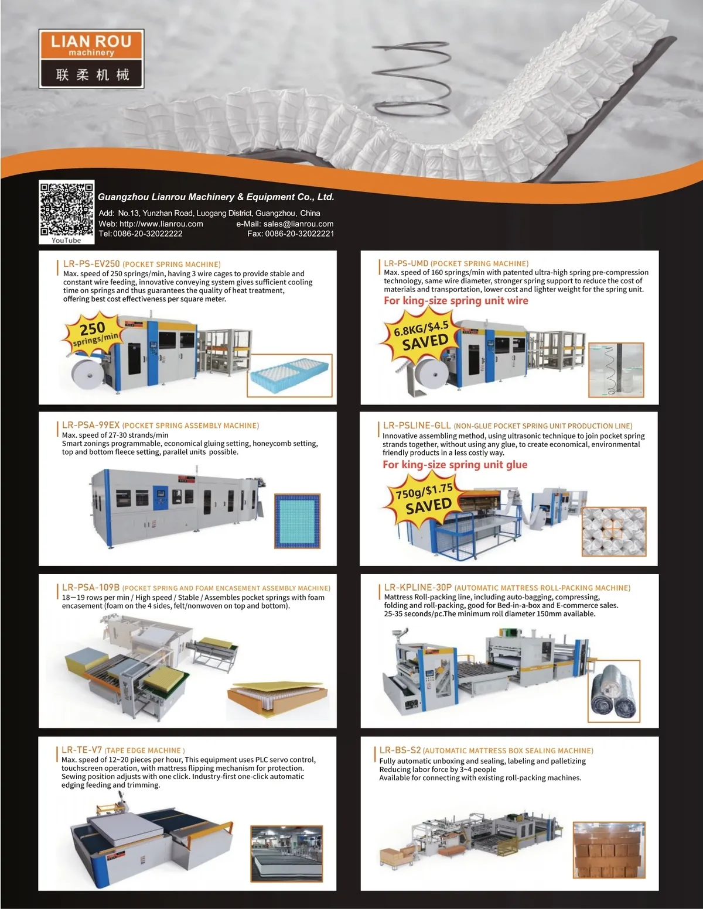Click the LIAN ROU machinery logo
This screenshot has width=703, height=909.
91,59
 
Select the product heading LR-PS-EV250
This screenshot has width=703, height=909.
91,264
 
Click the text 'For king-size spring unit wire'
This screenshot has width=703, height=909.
456,301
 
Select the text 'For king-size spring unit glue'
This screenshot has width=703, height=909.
455,465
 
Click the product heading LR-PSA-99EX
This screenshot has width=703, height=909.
91,426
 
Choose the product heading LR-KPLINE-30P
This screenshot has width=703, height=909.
418,588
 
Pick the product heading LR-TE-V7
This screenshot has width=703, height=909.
82,750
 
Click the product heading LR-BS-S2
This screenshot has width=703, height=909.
400,750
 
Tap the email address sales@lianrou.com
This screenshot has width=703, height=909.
298,224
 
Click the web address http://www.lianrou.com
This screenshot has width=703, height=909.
161,224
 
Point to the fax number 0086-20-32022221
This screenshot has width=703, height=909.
299,234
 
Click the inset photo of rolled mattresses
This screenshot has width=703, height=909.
613,691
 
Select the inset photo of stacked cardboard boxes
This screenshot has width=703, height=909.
609,850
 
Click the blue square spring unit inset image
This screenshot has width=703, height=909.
298,521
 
